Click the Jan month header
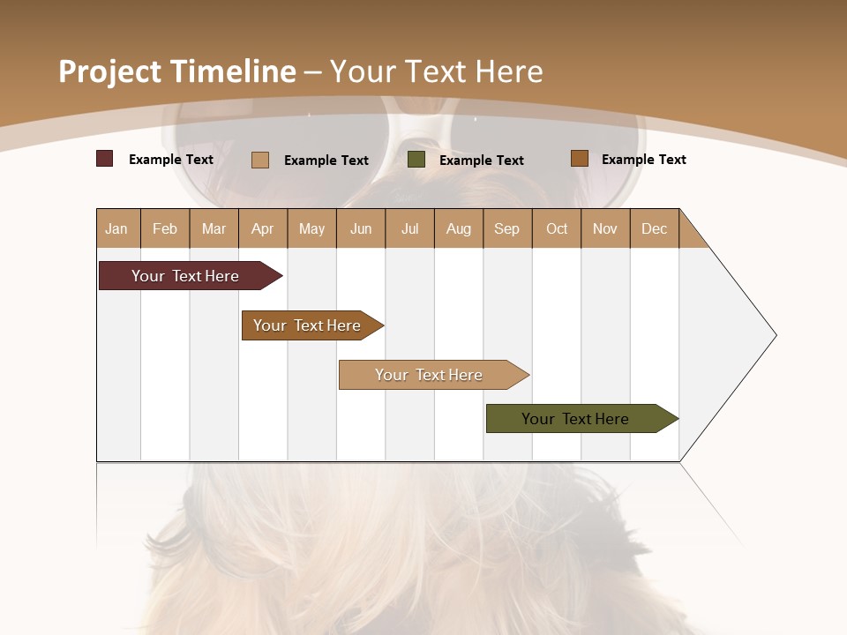coord(116,228)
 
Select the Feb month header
coord(165,228)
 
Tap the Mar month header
coord(214,228)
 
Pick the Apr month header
coord(262,228)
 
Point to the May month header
coord(311,228)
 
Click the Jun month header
coord(361,228)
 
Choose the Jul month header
coord(409,228)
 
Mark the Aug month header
coord(459,228)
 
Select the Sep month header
coord(506,228)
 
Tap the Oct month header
coord(557,228)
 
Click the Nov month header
coord(605,228)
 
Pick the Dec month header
coord(654,228)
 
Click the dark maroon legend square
coord(104,159)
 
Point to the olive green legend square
coord(416,160)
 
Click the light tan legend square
coord(260,160)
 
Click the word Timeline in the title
coord(233,71)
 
